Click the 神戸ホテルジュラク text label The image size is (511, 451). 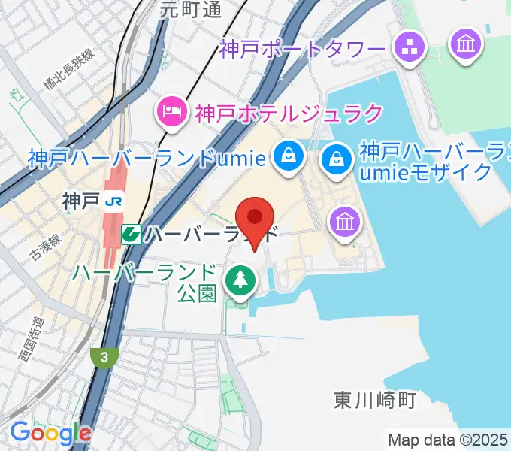pos(289,114)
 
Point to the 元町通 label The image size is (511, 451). pos(191,9)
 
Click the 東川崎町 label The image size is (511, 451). pos(375,400)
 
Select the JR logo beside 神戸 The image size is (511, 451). pos(115,201)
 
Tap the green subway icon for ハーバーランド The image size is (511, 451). pos(132,234)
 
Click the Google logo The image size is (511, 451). pos(50,432)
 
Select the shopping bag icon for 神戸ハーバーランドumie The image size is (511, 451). pos(287,156)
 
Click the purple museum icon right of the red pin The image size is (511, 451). pos(346,221)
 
